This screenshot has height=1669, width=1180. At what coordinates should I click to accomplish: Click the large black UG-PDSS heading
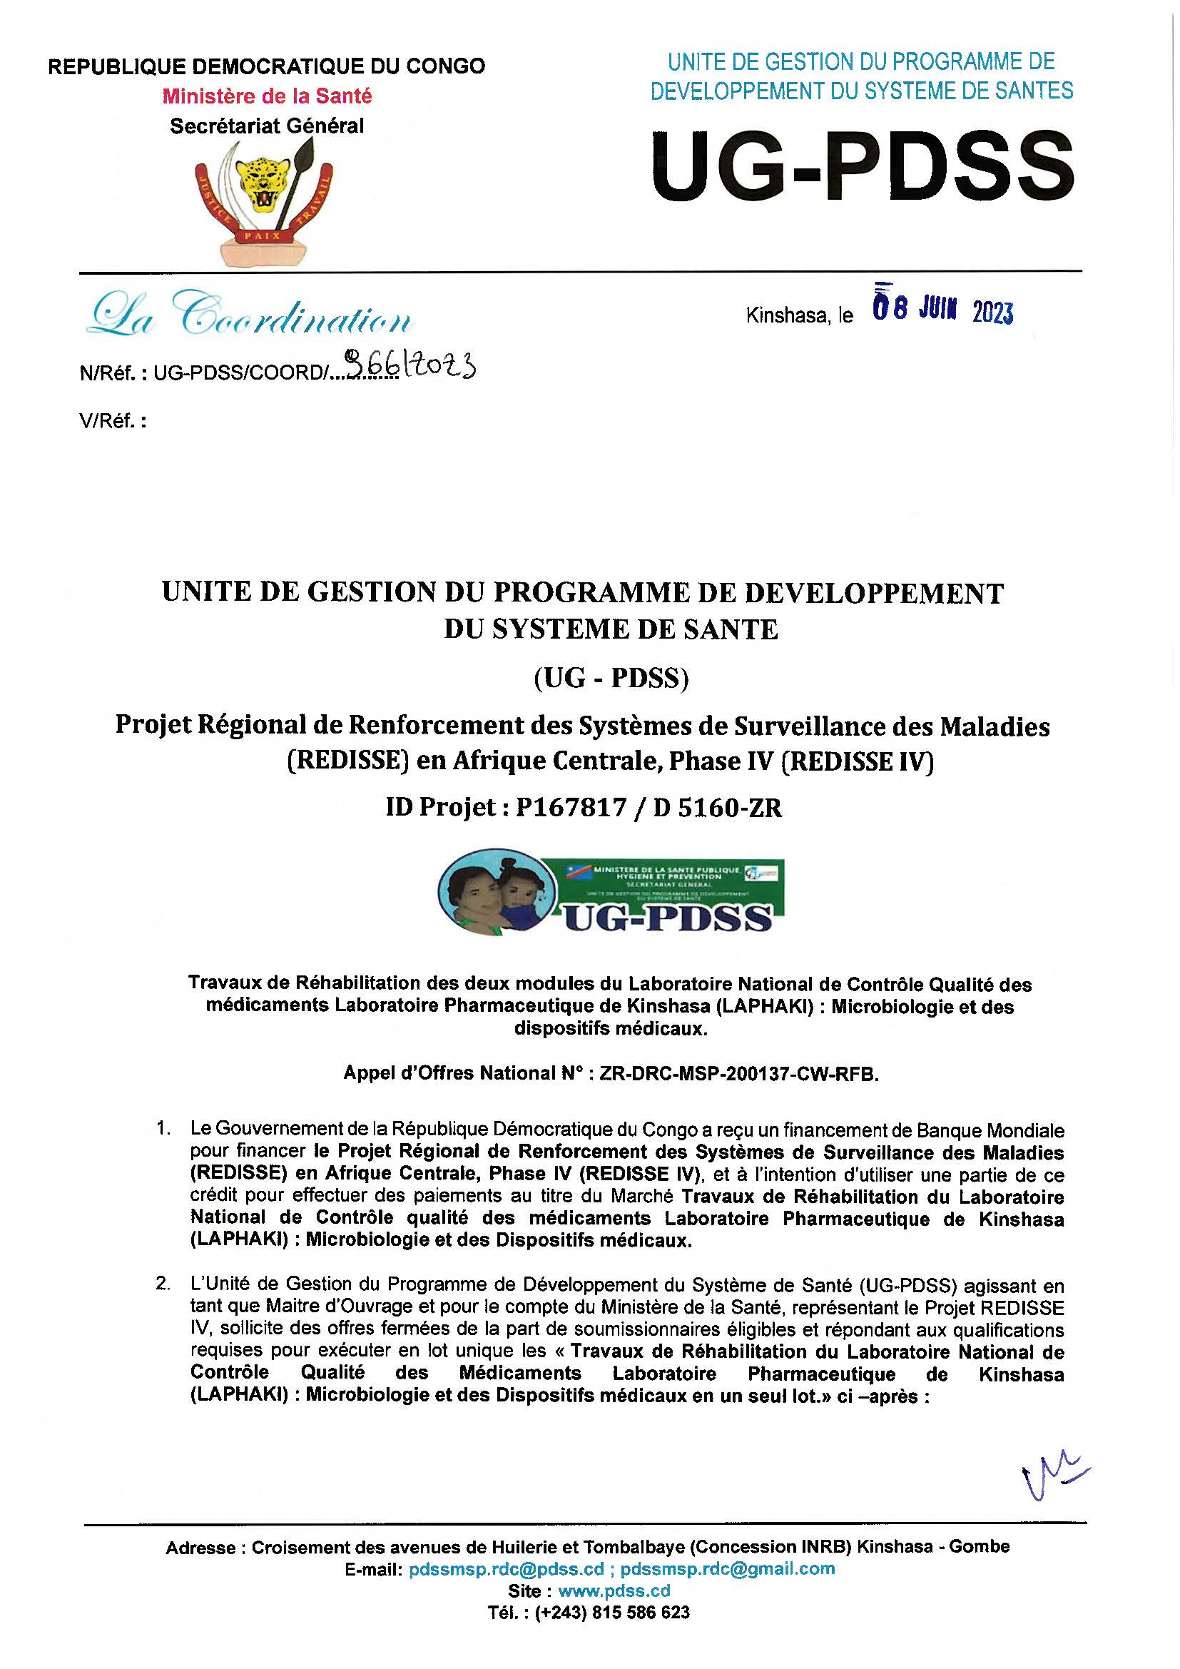[x=862, y=165]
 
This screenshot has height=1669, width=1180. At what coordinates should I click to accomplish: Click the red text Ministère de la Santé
[x=267, y=96]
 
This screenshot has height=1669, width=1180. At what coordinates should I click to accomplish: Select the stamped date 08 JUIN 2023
[x=942, y=311]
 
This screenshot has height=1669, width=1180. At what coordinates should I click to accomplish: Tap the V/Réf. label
[x=113, y=421]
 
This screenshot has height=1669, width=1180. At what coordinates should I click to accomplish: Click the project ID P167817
[x=571, y=808]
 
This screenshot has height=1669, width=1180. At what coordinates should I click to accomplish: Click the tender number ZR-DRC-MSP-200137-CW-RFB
[x=739, y=1074]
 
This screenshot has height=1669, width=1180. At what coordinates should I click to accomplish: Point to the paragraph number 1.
[x=163, y=1129]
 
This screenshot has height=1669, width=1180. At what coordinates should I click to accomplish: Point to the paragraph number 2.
[x=163, y=1284]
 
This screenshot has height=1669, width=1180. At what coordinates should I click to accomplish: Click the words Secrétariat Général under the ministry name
[x=267, y=126]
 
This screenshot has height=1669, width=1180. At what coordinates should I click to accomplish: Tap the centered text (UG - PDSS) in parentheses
[x=611, y=677]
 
